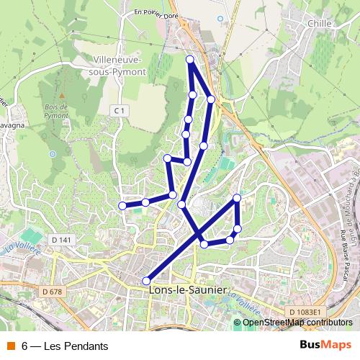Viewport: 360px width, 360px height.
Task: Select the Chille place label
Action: click(x=318, y=24)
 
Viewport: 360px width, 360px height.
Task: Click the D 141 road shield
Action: click(x=63, y=239)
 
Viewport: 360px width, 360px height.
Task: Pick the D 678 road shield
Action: click(x=53, y=291)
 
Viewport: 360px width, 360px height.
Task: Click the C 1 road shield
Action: click(x=120, y=110)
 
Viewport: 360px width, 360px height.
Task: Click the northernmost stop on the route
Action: click(x=190, y=59)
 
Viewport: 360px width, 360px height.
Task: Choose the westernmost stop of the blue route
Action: click(x=122, y=206)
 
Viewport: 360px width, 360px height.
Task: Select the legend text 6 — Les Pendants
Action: click(x=64, y=346)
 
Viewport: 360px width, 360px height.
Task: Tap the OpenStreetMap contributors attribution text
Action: click(x=297, y=323)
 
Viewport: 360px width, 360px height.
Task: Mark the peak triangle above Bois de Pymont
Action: click(x=62, y=96)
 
